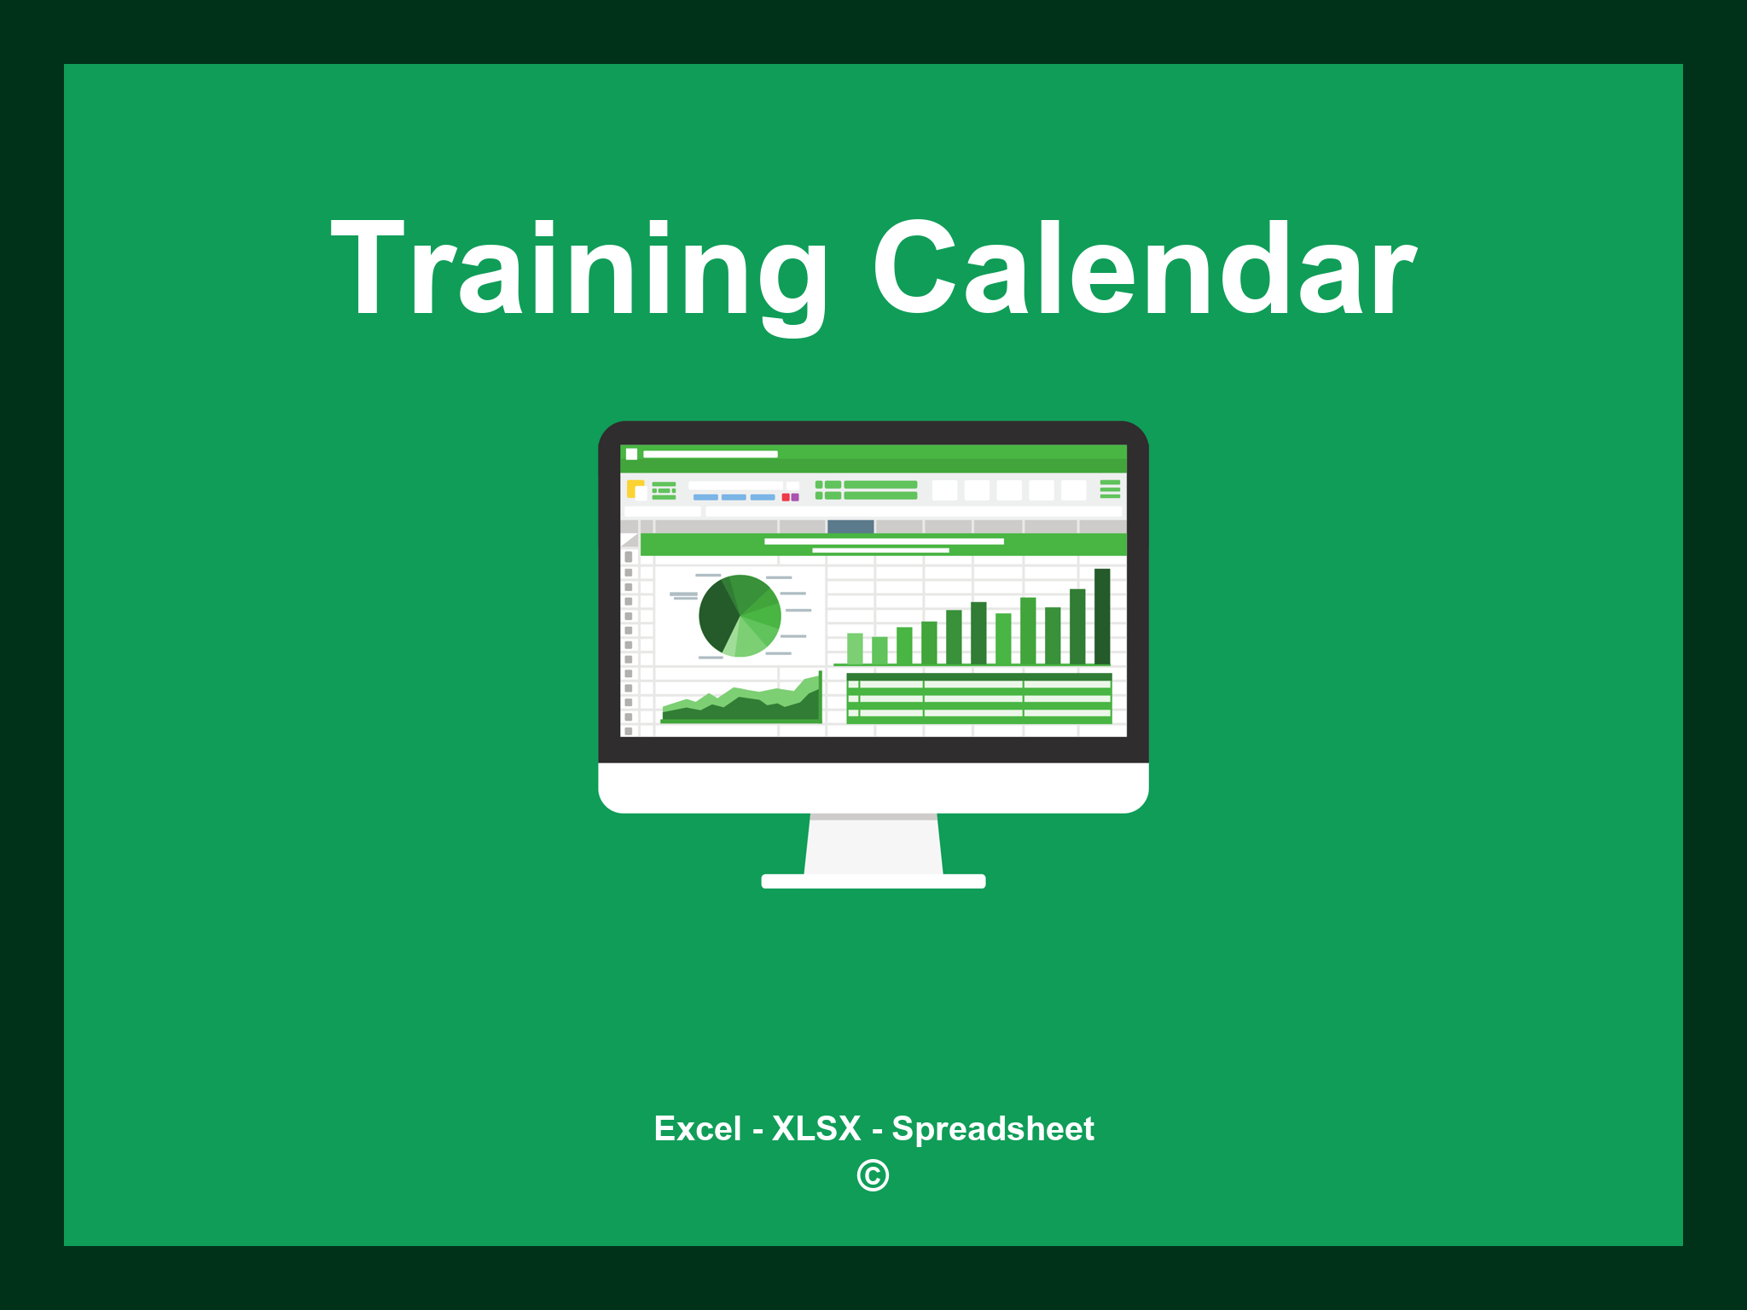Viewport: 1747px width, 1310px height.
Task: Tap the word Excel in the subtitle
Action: point(697,1128)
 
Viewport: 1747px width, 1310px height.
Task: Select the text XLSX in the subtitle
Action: point(816,1128)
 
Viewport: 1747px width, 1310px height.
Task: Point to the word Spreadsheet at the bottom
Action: point(992,1128)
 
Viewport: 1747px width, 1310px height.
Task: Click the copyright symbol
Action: point(873,1175)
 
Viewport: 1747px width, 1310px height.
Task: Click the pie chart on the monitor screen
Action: point(740,616)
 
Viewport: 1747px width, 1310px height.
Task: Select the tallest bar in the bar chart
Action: point(1102,616)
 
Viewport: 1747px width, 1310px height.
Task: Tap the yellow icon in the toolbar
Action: point(635,489)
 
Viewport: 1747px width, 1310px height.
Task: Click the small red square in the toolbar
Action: point(786,497)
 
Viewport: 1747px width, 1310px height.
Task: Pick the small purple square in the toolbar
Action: point(795,497)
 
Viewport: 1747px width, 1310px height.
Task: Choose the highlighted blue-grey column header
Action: point(850,526)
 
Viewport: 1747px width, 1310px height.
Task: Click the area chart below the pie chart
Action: point(740,704)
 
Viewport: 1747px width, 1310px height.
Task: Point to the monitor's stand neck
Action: point(873,844)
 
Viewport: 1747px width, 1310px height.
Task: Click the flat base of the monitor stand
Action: point(873,881)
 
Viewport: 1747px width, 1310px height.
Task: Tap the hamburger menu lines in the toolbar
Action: point(1110,489)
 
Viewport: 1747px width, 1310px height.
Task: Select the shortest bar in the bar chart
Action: point(879,650)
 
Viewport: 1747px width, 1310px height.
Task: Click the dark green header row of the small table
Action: point(978,676)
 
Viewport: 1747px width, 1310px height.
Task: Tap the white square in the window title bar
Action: point(632,454)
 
